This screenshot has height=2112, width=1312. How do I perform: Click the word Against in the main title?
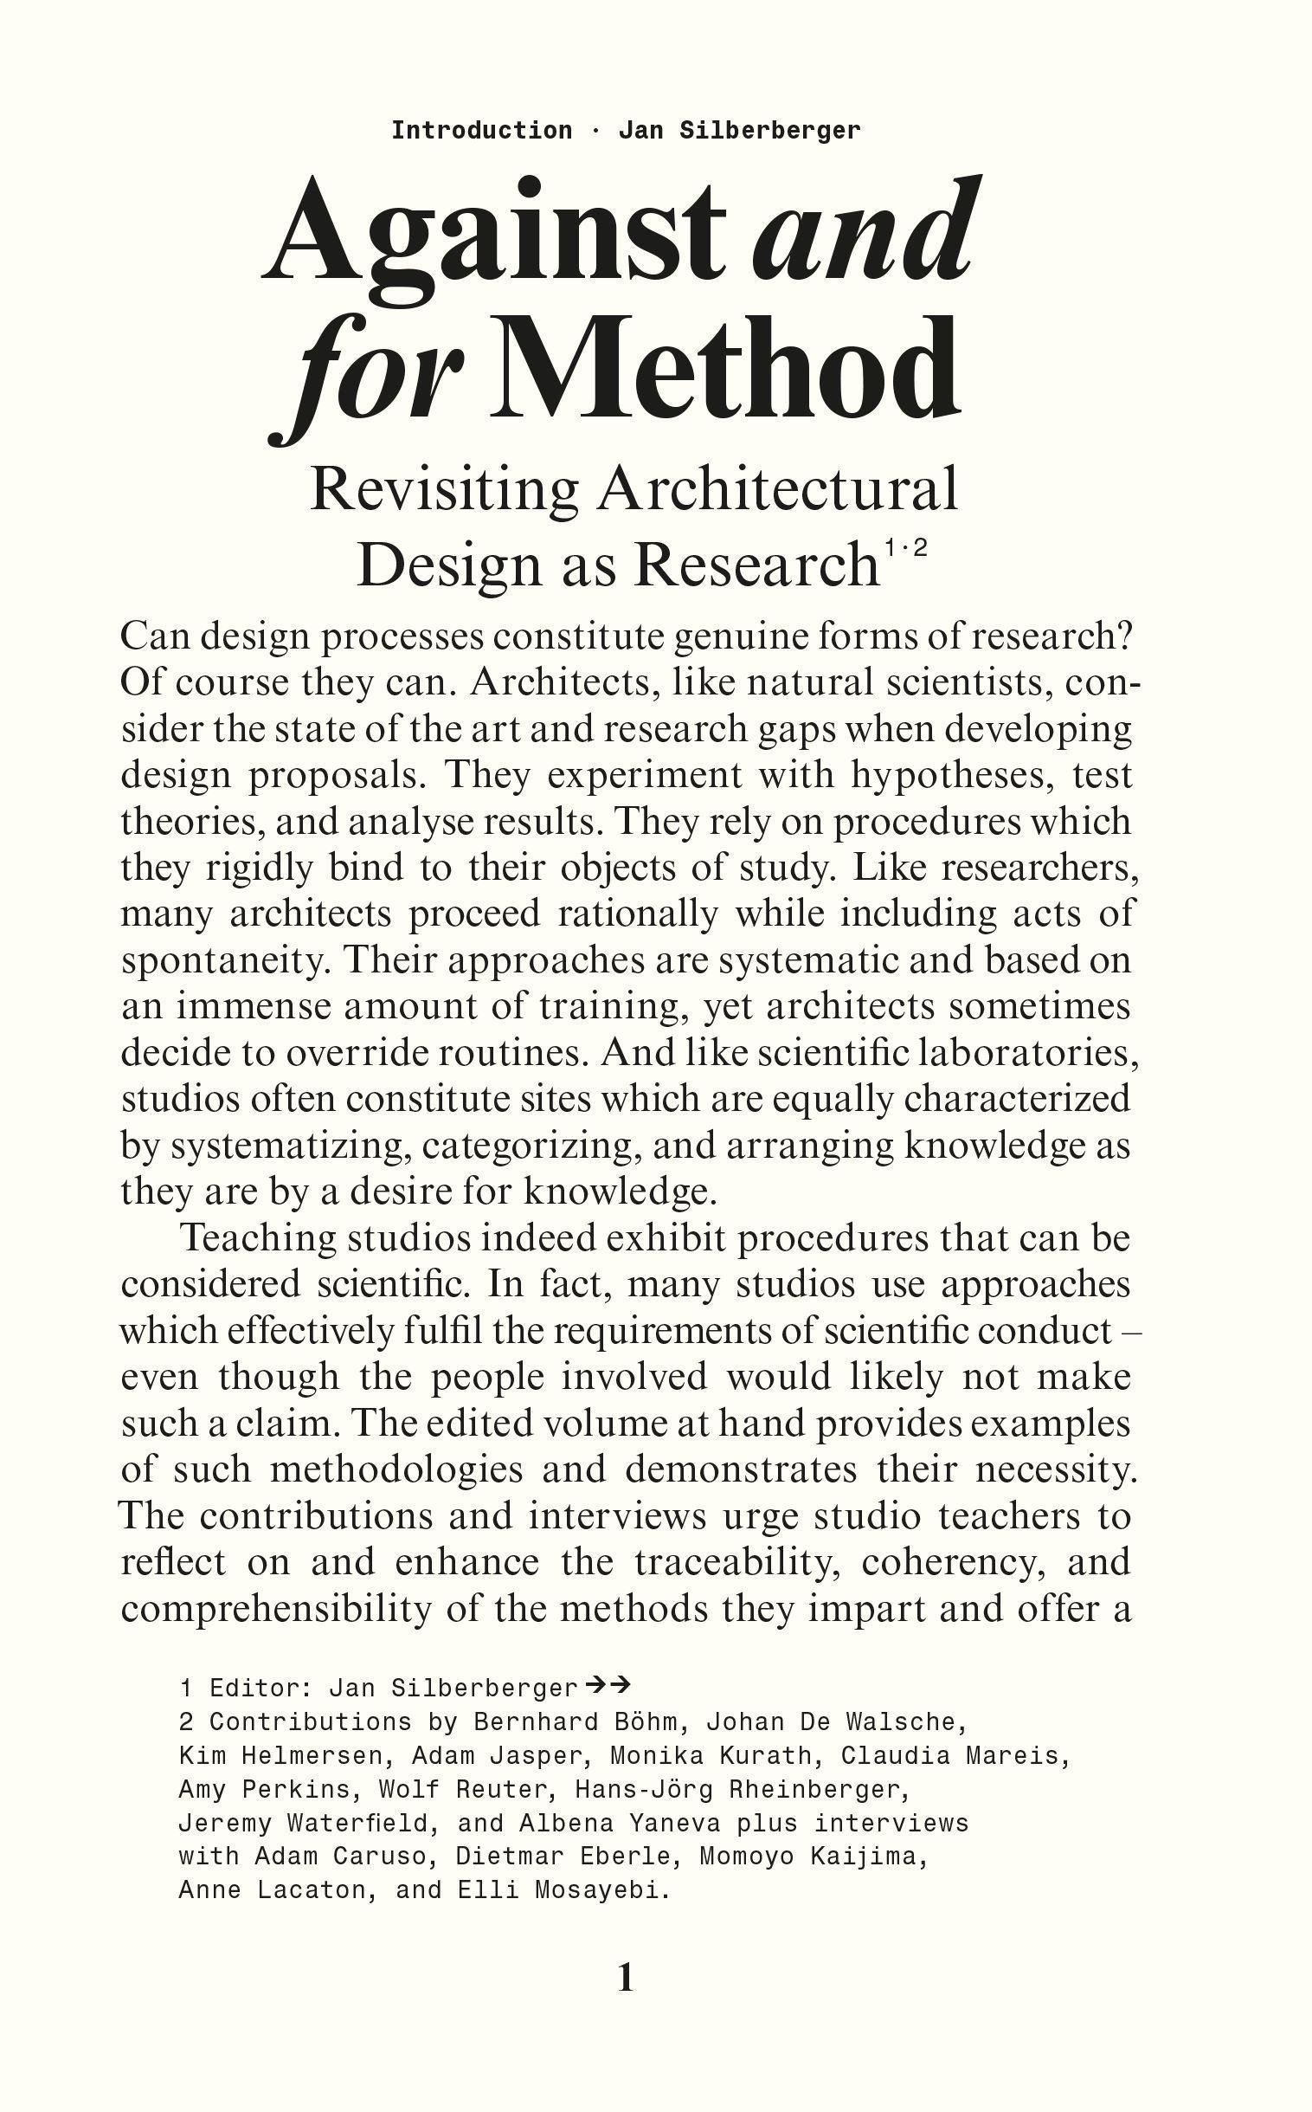492,235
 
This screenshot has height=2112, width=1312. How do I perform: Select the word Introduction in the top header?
481,131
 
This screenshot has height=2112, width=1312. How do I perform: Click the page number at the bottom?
626,1977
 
